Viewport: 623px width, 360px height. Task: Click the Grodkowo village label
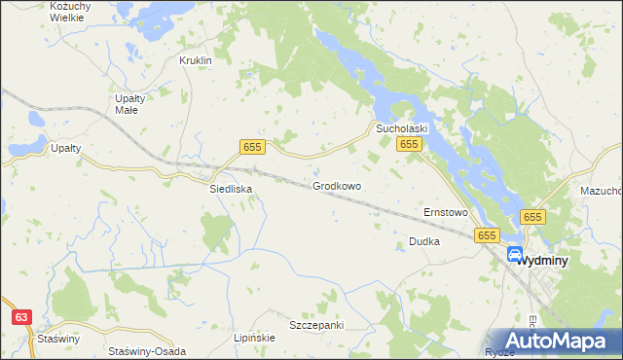tap(337, 186)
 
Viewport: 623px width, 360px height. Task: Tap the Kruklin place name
tap(196, 60)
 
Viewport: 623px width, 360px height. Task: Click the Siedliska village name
tap(232, 189)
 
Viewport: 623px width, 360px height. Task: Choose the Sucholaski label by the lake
tap(404, 127)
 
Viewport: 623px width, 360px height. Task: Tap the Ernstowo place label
tap(446, 211)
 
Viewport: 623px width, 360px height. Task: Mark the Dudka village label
tap(424, 240)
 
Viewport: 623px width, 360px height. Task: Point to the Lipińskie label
tap(255, 338)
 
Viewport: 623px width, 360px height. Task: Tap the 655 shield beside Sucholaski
tap(408, 144)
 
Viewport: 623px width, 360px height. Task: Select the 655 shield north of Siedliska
tap(252, 146)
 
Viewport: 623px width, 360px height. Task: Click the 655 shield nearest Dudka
tap(487, 235)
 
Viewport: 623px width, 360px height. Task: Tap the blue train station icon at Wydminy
tap(515, 255)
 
